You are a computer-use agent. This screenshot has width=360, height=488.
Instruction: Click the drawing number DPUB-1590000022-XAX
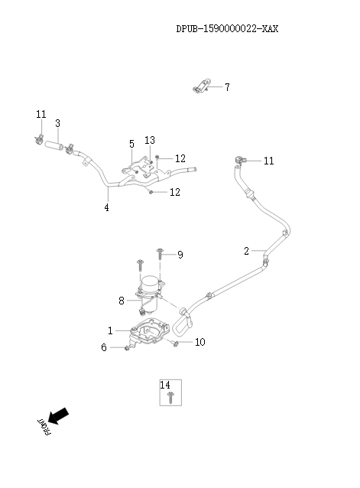227,29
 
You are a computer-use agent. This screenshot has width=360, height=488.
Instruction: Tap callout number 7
226,87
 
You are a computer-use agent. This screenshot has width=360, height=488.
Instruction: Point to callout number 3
57,123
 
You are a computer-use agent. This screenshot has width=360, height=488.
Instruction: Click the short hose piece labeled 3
54,143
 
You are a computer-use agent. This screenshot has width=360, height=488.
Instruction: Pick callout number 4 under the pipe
107,207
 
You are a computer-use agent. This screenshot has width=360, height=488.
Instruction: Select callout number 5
131,144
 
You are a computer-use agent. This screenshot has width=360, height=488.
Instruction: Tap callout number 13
150,140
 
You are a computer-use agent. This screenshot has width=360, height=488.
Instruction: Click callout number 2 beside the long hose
246,251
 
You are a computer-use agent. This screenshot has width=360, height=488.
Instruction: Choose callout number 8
121,301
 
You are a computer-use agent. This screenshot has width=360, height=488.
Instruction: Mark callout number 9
180,255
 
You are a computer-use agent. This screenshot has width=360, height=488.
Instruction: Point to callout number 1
110,330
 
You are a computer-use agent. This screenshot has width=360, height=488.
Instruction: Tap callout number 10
199,342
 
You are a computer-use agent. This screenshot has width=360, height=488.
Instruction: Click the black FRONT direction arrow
58,417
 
